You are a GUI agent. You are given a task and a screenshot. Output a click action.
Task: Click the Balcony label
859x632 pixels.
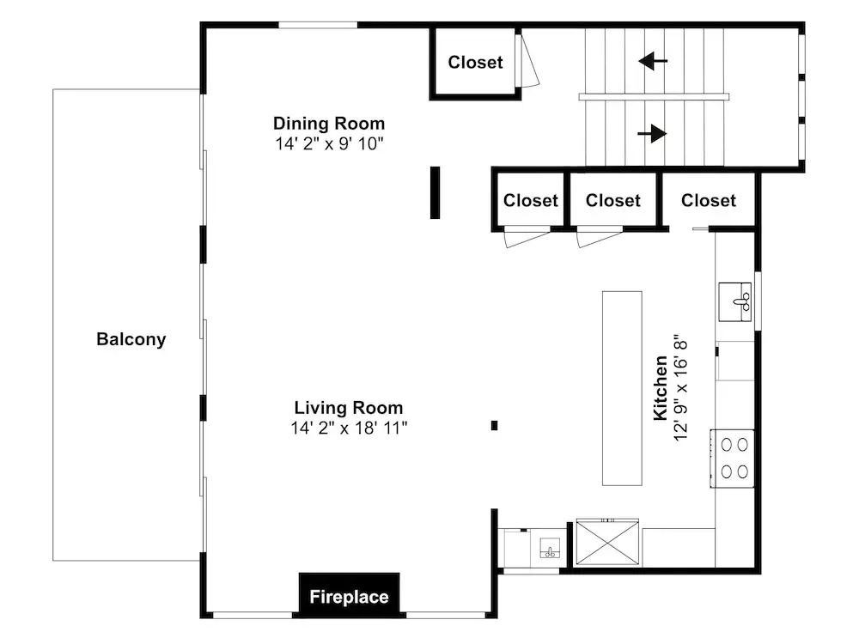(x=131, y=339)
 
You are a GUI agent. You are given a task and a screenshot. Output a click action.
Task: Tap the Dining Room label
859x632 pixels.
(x=329, y=124)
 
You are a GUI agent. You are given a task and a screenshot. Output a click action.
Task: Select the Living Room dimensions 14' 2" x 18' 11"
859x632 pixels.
(x=349, y=428)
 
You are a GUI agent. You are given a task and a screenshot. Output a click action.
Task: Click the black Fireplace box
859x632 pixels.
(x=349, y=595)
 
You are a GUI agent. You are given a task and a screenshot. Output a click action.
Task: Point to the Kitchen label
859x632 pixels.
(x=661, y=388)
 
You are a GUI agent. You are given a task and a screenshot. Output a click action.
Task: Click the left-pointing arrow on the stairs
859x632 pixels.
(x=653, y=61)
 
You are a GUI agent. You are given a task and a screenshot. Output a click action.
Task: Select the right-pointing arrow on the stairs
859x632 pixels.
(x=652, y=133)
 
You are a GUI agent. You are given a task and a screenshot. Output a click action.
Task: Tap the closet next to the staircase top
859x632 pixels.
(x=475, y=63)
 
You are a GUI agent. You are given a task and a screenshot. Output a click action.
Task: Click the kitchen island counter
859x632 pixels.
(x=622, y=388)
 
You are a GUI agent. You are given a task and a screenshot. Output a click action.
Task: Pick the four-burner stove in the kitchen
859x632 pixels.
(x=733, y=459)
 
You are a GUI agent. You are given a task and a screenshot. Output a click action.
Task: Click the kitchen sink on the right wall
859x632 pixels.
(x=735, y=301)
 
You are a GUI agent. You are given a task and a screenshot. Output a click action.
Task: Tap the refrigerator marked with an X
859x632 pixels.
(x=607, y=542)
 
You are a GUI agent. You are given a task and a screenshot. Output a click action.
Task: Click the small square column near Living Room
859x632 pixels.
(x=494, y=425)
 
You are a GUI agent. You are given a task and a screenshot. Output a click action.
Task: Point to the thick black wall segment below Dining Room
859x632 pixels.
(x=435, y=192)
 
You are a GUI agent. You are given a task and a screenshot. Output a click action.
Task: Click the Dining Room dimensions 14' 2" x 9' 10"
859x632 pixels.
(x=329, y=143)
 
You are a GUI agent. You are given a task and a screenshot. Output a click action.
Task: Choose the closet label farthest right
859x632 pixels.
(x=709, y=200)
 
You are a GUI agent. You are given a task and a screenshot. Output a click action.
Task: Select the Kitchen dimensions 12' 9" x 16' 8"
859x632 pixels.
(x=679, y=388)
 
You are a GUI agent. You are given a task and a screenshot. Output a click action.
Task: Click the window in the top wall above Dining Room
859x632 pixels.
(x=319, y=25)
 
